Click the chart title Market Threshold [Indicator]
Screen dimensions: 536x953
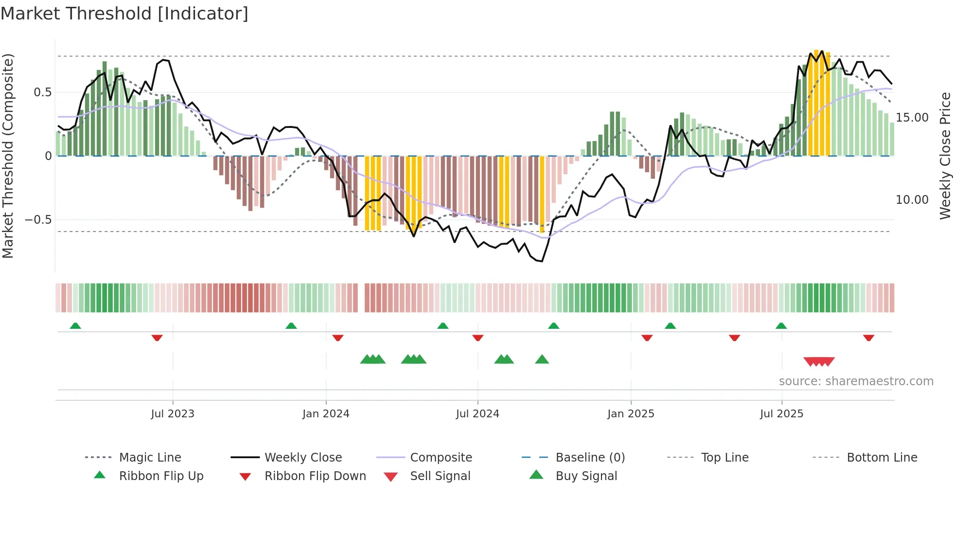pyautogui.click(x=124, y=14)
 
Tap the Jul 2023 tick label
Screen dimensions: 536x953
pyautogui.click(x=173, y=414)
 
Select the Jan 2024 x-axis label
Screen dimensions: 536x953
pyautogui.click(x=326, y=414)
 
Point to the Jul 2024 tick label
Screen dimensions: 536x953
pyautogui.click(x=477, y=414)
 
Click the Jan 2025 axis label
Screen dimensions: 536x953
pyautogui.click(x=631, y=414)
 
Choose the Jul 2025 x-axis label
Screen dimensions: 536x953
pyautogui.click(x=782, y=414)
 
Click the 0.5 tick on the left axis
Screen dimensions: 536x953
pyautogui.click(x=42, y=92)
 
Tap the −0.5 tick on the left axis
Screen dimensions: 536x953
pyautogui.click(x=38, y=220)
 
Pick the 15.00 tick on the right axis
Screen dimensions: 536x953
pyautogui.click(x=912, y=118)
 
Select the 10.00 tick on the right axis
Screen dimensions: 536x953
pyautogui.click(x=912, y=200)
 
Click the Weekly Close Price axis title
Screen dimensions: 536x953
pyautogui.click(x=945, y=156)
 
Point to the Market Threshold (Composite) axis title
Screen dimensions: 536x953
pyautogui.click(x=8, y=156)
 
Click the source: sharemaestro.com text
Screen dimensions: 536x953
pyautogui.click(x=856, y=381)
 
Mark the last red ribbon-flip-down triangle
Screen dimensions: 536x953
pyautogui.click(x=869, y=338)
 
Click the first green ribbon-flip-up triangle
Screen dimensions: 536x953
pyautogui.click(x=75, y=326)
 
